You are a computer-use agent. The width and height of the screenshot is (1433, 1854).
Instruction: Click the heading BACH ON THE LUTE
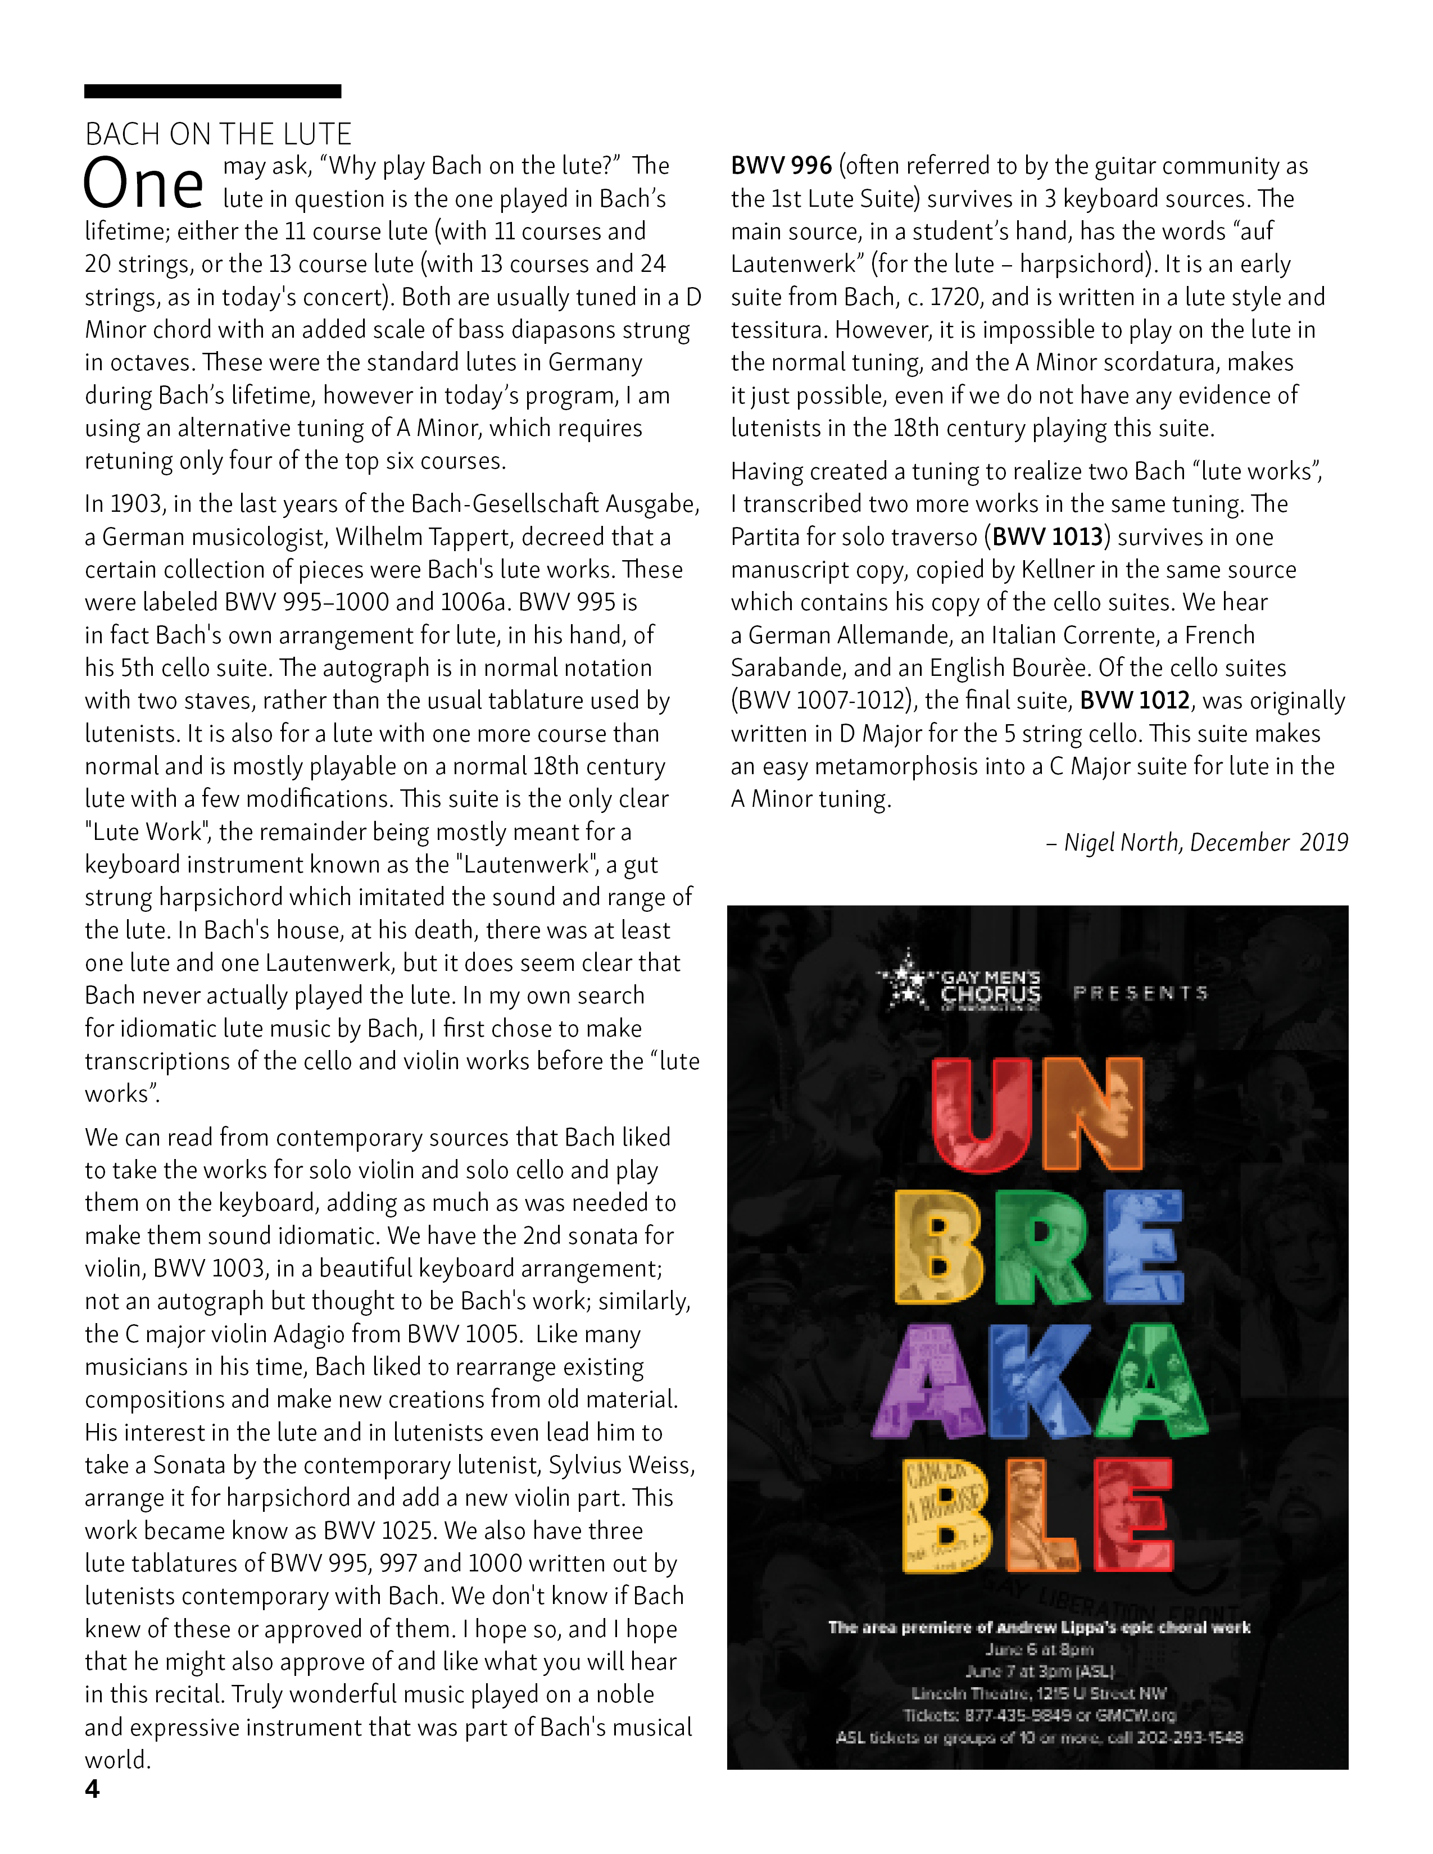[x=218, y=134]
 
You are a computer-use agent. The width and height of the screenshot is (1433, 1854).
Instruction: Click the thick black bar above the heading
[x=212, y=92]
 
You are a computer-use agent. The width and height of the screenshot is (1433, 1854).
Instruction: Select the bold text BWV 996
[x=781, y=166]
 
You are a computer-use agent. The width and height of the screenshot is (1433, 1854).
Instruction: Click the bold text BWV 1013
[x=1047, y=537]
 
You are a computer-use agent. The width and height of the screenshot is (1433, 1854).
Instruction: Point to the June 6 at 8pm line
[x=1039, y=1649]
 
